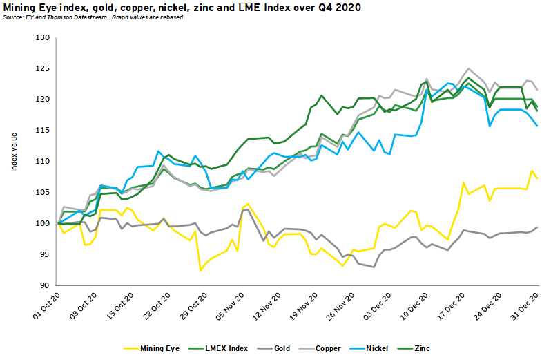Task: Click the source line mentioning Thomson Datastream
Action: click(93, 17)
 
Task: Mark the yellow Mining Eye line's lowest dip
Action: click(201, 270)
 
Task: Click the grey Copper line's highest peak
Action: click(469, 68)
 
